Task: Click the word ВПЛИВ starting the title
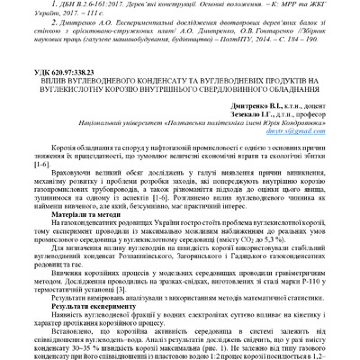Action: click(x=62, y=79)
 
